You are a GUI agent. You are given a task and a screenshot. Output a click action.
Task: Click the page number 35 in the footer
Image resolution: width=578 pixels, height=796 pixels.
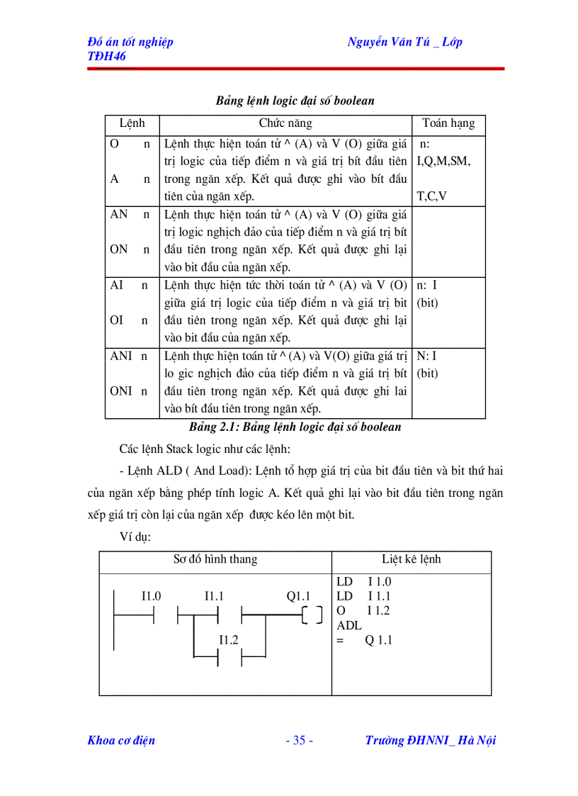pyautogui.click(x=299, y=741)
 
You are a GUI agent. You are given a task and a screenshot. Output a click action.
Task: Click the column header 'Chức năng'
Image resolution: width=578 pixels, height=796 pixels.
pyautogui.click(x=285, y=123)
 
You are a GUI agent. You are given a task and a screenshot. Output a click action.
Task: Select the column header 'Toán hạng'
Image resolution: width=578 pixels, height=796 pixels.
pyautogui.click(x=448, y=123)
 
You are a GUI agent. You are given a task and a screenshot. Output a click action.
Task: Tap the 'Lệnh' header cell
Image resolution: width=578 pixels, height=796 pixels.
pyautogui.click(x=132, y=123)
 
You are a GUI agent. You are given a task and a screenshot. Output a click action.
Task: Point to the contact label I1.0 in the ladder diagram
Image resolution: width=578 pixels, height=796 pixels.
pyautogui.click(x=151, y=596)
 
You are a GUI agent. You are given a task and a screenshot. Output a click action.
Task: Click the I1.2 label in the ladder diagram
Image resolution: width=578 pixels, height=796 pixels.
pyautogui.click(x=228, y=639)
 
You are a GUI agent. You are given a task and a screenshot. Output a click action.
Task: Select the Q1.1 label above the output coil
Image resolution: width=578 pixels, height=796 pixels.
pyautogui.click(x=298, y=596)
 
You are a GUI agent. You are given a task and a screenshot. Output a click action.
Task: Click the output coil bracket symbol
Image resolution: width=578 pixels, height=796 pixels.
pyautogui.click(x=311, y=614)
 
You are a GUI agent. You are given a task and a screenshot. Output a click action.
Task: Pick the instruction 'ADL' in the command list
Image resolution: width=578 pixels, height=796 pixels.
pyautogui.click(x=349, y=626)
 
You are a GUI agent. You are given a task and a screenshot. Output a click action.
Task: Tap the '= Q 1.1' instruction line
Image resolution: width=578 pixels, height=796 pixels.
pyautogui.click(x=365, y=641)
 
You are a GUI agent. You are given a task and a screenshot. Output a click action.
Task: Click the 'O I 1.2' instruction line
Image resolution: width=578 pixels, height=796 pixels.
pyautogui.click(x=364, y=611)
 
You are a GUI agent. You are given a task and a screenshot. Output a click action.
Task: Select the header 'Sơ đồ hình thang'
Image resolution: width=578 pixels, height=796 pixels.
pyautogui.click(x=215, y=559)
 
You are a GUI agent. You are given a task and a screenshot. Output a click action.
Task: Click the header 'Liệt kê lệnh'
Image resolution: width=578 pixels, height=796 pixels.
pyautogui.click(x=411, y=559)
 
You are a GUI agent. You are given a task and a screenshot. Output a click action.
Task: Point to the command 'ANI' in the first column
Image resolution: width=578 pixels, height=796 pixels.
pyautogui.click(x=121, y=356)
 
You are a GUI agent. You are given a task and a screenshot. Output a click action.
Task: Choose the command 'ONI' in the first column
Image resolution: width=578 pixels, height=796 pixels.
pyautogui.click(x=121, y=391)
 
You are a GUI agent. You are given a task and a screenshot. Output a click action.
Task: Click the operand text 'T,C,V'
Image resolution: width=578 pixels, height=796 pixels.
pyautogui.click(x=431, y=196)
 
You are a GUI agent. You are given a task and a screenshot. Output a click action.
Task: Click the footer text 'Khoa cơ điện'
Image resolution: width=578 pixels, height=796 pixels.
pyautogui.click(x=121, y=741)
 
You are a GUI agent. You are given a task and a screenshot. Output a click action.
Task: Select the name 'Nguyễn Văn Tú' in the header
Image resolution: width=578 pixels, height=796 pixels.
pyautogui.click(x=387, y=42)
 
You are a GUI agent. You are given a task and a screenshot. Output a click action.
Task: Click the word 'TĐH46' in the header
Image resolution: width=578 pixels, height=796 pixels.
pyautogui.click(x=106, y=56)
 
